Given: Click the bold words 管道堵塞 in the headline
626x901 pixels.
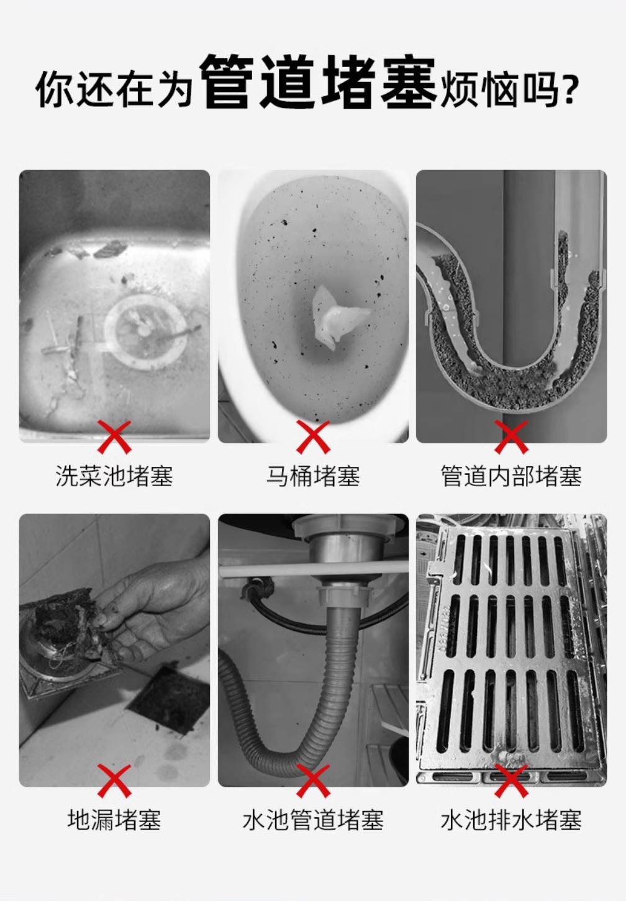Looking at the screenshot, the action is click(318, 82).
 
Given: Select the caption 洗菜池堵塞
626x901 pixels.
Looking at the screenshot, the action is click(114, 476).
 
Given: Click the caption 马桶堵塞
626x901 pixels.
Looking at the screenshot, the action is click(313, 476).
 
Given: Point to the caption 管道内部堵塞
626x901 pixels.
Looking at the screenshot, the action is click(511, 476).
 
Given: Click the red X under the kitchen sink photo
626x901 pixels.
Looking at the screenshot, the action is click(114, 437).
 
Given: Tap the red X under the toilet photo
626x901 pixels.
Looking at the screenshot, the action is click(313, 437).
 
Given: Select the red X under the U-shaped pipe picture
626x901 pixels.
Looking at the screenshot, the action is click(511, 437).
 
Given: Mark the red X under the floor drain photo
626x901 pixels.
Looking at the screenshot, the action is click(114, 781).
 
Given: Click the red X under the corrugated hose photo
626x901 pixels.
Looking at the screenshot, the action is click(313, 781).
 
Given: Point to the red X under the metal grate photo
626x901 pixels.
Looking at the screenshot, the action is click(511, 781).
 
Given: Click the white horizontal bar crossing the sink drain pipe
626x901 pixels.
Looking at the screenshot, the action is click(313, 571).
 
